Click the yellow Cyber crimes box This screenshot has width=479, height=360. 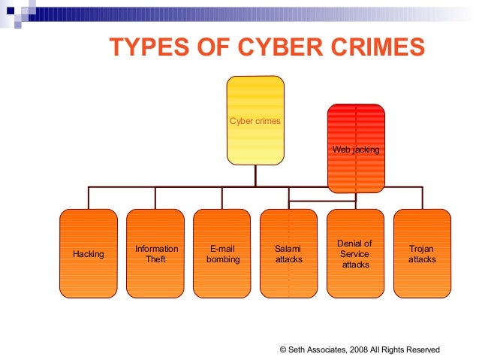click(x=255, y=120)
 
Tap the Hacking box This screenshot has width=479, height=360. click(x=89, y=254)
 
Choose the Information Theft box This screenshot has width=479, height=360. click(x=155, y=254)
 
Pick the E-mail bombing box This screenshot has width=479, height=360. click(x=222, y=254)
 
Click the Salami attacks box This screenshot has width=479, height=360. click(x=289, y=254)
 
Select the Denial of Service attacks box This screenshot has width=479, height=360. click(x=355, y=254)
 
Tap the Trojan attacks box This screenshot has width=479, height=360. click(x=422, y=254)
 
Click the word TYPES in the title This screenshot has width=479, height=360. click(x=143, y=47)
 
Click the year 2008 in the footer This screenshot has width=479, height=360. click(x=366, y=349)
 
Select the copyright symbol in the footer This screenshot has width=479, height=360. click(x=282, y=349)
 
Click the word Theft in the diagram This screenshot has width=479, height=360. click(x=156, y=259)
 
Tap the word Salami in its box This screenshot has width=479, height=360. click(x=289, y=249)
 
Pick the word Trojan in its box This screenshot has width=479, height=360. click(x=422, y=249)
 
